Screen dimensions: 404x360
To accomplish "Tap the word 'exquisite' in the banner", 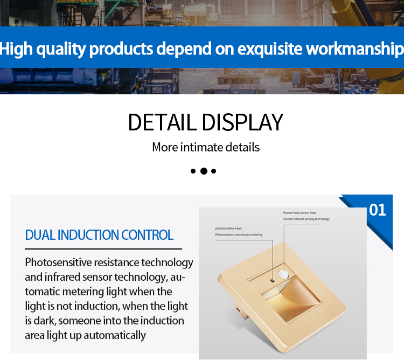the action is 269,49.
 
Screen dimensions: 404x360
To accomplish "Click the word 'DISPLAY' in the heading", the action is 242,122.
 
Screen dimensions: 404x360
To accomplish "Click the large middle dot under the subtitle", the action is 204,171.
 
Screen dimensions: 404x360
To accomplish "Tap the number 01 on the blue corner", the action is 378,210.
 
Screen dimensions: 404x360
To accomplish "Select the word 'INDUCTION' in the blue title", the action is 88,235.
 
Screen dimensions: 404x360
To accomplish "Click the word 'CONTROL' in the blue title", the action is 148,235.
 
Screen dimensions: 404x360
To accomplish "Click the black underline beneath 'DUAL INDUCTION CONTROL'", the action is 103,249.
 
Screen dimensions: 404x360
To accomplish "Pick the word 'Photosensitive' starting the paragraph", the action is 59,262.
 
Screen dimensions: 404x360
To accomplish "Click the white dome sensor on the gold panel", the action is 283,274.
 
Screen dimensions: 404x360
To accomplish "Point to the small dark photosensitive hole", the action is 273,280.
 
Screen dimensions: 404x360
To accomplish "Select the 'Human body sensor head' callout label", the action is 299,212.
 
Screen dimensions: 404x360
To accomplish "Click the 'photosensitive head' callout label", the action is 228,229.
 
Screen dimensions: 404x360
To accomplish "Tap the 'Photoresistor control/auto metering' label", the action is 239,235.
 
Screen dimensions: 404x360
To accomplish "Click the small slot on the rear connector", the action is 238,309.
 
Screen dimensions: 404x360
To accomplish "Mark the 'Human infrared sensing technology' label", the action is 307,219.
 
